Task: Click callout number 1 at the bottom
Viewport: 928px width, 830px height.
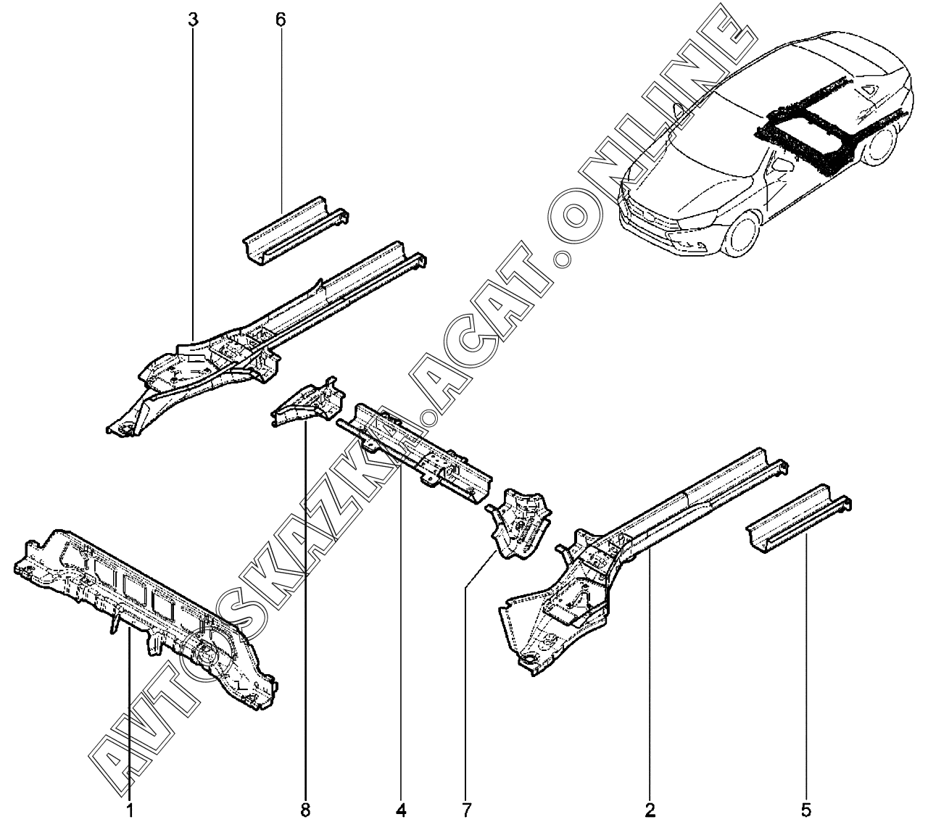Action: tap(129, 810)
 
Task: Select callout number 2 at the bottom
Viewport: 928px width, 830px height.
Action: tap(650, 810)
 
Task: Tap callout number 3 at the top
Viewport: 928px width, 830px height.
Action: tap(193, 20)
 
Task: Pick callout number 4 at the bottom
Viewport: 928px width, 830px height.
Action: tap(401, 810)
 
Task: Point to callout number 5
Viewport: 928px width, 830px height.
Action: tap(806, 810)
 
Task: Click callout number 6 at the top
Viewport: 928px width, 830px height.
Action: tap(281, 20)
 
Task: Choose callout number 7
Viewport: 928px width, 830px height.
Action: tap(466, 810)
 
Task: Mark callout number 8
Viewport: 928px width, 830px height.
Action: tap(305, 810)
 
